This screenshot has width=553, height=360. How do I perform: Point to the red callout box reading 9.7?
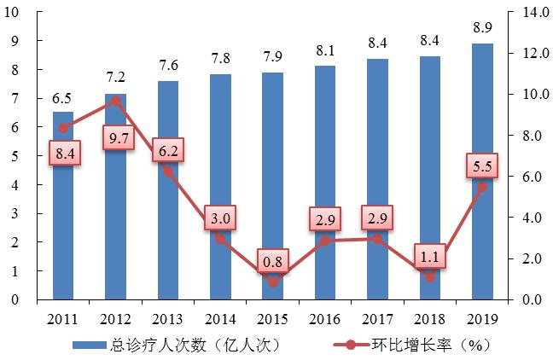(119, 135)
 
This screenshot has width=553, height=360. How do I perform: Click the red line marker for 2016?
(325, 241)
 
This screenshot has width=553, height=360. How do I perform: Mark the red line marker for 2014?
(220, 239)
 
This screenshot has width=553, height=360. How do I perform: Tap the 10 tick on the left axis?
(16, 12)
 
